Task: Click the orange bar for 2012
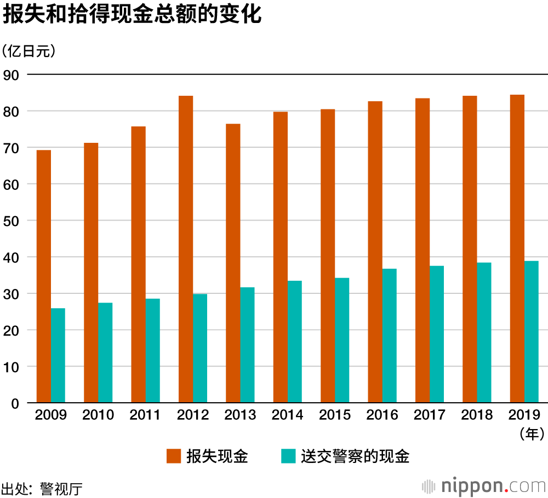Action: click(186, 249)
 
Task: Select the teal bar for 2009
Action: click(58, 356)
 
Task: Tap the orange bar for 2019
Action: click(517, 249)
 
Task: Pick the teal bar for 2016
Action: click(389, 335)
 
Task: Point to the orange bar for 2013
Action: click(233, 263)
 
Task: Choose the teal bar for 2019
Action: click(532, 332)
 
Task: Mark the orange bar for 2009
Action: click(44, 276)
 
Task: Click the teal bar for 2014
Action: click(295, 341)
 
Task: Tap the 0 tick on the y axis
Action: click(15, 404)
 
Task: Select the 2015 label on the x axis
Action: click(335, 415)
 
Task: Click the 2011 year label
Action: click(145, 415)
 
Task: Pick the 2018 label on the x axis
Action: click(477, 415)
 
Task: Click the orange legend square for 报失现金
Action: click(174, 456)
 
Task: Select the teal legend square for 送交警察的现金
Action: click(288, 456)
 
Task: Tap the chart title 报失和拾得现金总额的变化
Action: click(132, 15)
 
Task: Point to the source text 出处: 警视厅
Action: click(42, 488)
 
